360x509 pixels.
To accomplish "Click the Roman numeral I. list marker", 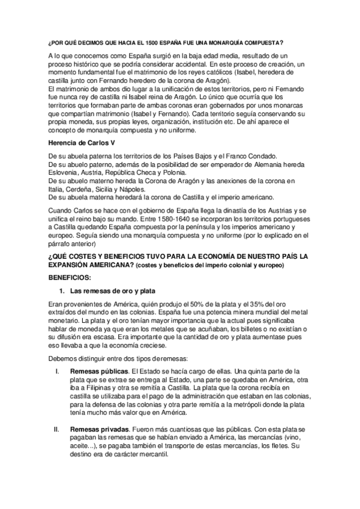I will (x=56, y=371).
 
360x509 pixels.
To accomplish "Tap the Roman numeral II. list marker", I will (x=56, y=430).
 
